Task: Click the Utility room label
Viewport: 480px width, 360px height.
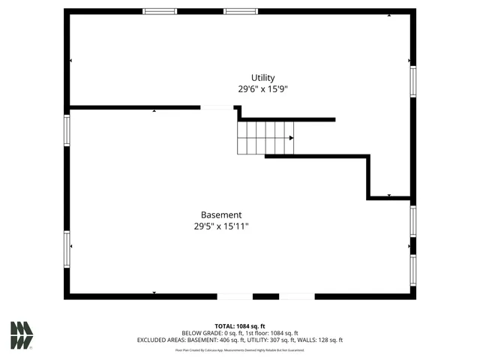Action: coord(262,78)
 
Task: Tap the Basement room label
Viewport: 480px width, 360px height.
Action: coord(221,215)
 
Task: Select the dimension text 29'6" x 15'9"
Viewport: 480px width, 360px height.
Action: coord(262,89)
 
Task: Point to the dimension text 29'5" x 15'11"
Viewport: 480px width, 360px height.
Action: coord(221,226)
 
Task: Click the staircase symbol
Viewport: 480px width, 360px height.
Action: coord(265,138)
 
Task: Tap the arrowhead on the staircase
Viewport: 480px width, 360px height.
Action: coord(291,138)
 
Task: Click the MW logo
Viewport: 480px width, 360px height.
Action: coord(22,335)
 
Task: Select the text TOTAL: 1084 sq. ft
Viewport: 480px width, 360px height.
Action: coord(240,326)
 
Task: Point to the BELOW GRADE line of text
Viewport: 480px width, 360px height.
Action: coord(240,333)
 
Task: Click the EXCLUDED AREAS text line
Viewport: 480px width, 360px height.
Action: coord(240,340)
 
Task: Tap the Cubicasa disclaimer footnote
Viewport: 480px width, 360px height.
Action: coord(240,349)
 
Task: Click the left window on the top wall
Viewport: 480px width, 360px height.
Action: coord(160,11)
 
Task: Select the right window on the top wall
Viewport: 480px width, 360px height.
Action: coord(241,11)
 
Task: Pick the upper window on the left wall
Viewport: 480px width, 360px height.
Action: coord(67,130)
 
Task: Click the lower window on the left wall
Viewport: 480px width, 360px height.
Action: coord(67,250)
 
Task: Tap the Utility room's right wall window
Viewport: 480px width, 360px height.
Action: coord(412,82)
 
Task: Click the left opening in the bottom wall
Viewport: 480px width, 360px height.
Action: coord(235,296)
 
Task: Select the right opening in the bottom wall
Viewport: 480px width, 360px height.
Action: coord(297,296)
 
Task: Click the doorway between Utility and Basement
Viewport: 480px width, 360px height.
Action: coord(217,107)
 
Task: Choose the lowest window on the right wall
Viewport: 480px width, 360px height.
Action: coord(412,270)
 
